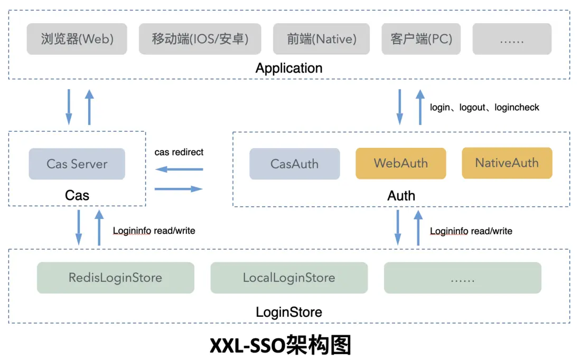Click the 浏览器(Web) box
click(x=77, y=39)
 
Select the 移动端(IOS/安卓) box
click(x=200, y=39)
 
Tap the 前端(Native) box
click(x=322, y=39)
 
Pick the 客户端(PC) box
click(x=421, y=39)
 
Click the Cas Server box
click(x=77, y=164)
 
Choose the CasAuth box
click(x=294, y=164)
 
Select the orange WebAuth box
click(x=401, y=163)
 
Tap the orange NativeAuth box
click(x=507, y=163)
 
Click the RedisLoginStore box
click(x=115, y=278)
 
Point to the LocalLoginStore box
click(x=289, y=278)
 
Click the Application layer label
click(x=289, y=68)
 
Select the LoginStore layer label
click(x=289, y=312)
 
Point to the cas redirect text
click(x=179, y=152)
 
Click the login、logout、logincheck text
click(x=484, y=107)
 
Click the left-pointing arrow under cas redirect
click(x=179, y=169)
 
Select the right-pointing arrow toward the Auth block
click(x=179, y=188)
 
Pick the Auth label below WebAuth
click(x=401, y=196)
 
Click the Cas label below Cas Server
click(x=77, y=195)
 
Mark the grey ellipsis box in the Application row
click(x=512, y=39)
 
